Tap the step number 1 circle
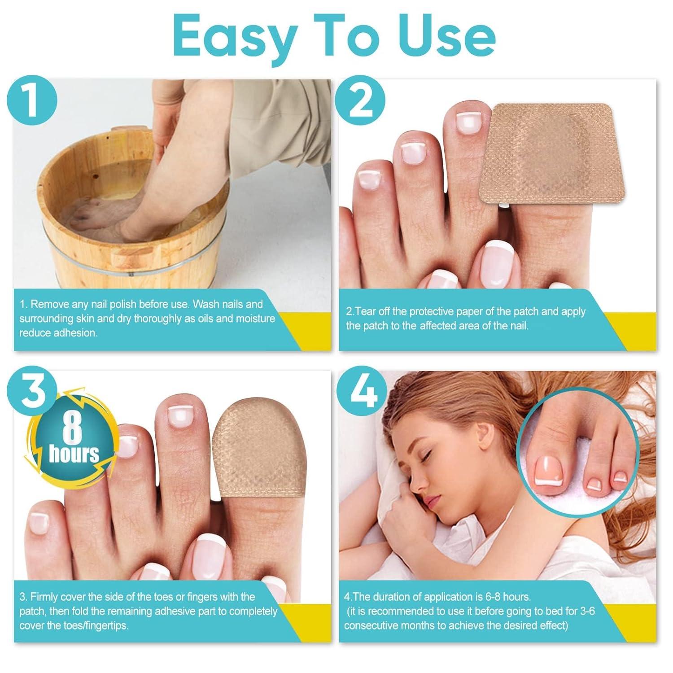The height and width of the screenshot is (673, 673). [32, 101]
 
